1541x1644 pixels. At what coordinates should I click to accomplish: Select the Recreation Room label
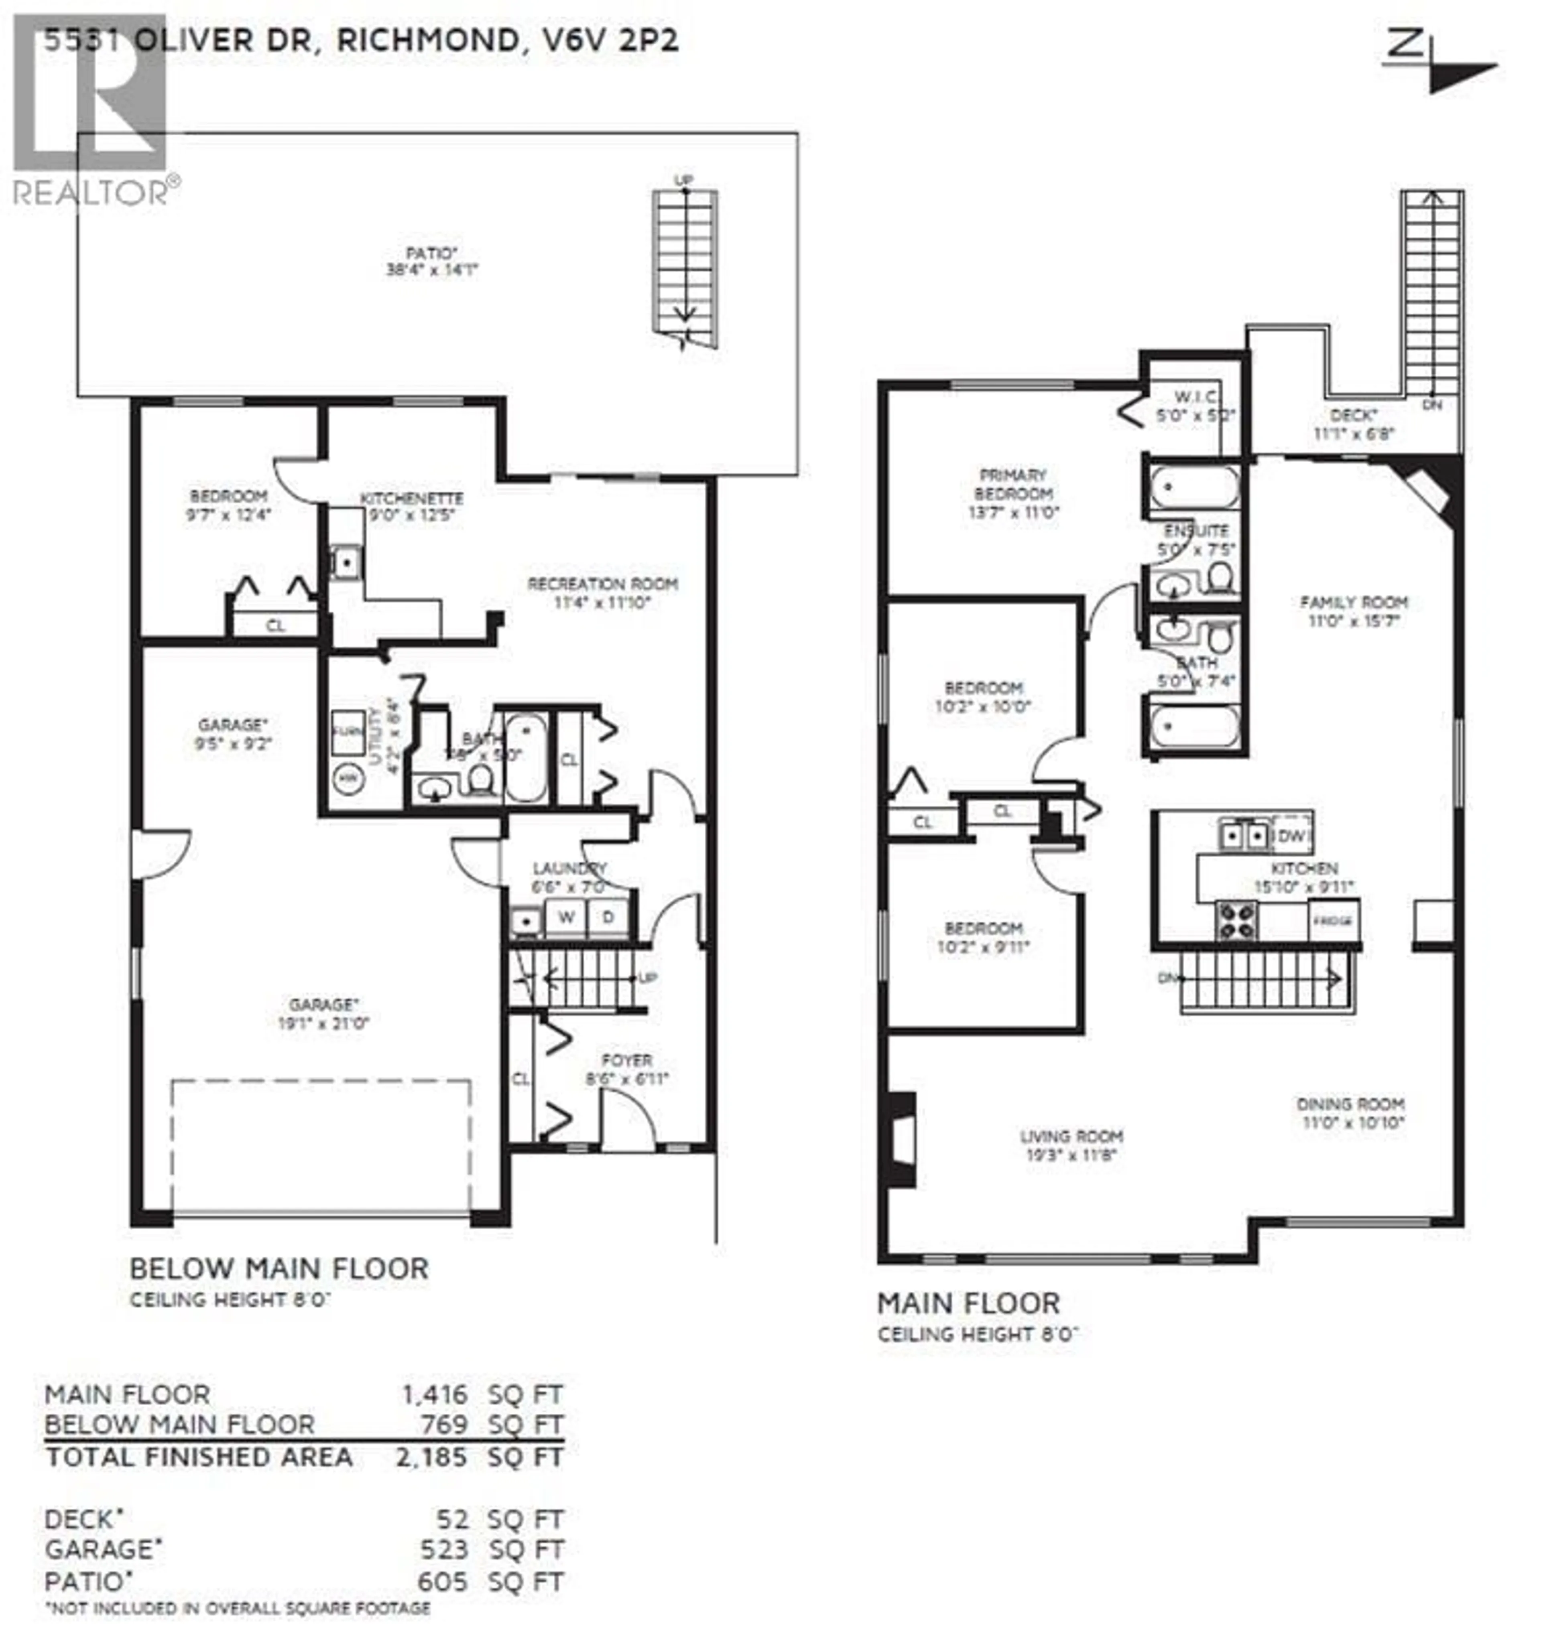click(602, 584)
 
